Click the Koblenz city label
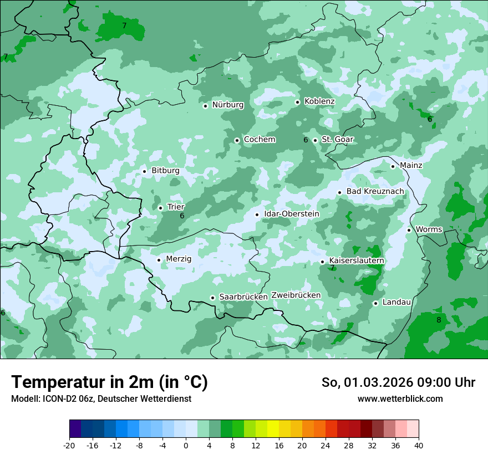click(319, 101)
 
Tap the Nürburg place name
click(228, 105)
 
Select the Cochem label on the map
click(260, 140)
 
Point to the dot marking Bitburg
click(144, 171)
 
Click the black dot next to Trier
click(160, 208)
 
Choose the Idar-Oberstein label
click(292, 214)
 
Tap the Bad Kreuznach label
click(375, 192)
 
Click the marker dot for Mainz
click(393, 166)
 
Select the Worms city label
click(429, 229)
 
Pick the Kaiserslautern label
click(357, 260)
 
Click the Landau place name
click(396, 302)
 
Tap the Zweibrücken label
click(296, 295)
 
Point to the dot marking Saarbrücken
click(212, 298)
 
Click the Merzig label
click(179, 259)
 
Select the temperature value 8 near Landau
click(439, 320)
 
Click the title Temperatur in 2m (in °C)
click(109, 382)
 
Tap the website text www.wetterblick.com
click(400, 398)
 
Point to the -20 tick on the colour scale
click(69, 446)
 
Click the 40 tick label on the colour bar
click(419, 446)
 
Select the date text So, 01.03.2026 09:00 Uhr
click(398, 382)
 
